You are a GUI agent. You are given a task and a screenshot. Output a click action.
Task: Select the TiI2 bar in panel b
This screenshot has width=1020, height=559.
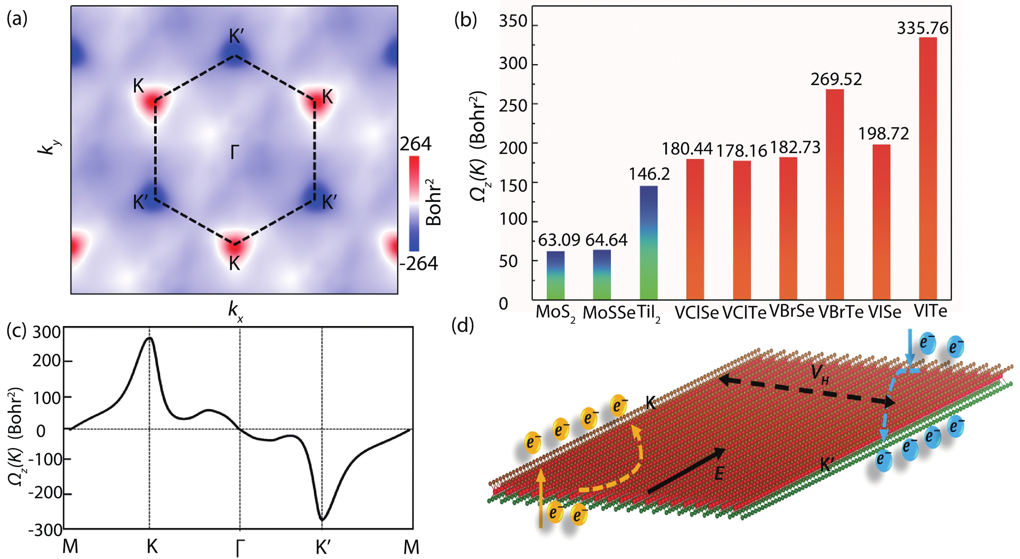tap(649, 242)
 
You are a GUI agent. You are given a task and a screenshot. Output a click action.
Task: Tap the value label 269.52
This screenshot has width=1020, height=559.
tap(836, 80)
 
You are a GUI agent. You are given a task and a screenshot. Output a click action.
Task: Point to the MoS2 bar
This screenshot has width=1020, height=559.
tap(555, 275)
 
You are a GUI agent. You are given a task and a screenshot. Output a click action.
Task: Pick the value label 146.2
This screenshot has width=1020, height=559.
tap(649, 174)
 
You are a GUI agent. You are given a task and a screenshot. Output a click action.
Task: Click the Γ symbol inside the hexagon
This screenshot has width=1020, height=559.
tap(235, 152)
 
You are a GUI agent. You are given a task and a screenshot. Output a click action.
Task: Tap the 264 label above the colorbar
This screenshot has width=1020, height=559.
tap(416, 144)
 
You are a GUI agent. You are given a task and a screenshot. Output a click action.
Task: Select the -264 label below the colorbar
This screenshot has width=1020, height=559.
tap(419, 264)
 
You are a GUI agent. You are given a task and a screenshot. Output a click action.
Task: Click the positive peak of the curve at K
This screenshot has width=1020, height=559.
tap(150, 338)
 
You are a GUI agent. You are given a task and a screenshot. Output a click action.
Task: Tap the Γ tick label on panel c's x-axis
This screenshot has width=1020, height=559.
tap(240, 548)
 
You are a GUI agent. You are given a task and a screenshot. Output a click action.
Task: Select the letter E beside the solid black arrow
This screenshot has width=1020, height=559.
tap(719, 473)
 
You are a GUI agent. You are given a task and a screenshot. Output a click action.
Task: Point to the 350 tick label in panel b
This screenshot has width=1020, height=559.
tap(513, 22)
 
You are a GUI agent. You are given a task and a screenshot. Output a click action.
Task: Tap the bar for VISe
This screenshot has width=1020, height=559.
tap(881, 222)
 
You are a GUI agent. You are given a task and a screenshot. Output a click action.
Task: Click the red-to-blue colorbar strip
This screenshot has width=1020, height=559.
tap(414, 204)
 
